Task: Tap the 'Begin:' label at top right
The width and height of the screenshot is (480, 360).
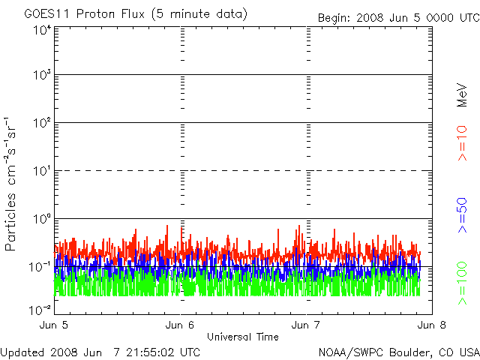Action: pyautogui.click(x=335, y=18)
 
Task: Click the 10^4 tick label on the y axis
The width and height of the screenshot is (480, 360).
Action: pyautogui.click(x=41, y=31)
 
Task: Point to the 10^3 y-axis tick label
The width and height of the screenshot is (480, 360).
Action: pyautogui.click(x=41, y=76)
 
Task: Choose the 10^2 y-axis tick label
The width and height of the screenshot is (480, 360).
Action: pyautogui.click(x=41, y=124)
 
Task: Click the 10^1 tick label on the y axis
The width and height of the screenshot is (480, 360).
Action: pyautogui.click(x=41, y=172)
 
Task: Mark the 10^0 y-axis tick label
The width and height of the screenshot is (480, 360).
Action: pyautogui.click(x=41, y=220)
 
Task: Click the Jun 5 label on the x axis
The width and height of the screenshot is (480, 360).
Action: pyautogui.click(x=56, y=325)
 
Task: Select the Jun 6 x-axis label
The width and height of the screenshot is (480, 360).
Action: pyautogui.click(x=181, y=325)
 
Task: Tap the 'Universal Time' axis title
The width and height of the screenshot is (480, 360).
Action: pyautogui.click(x=243, y=337)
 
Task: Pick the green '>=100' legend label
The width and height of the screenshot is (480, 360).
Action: pyautogui.click(x=463, y=283)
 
